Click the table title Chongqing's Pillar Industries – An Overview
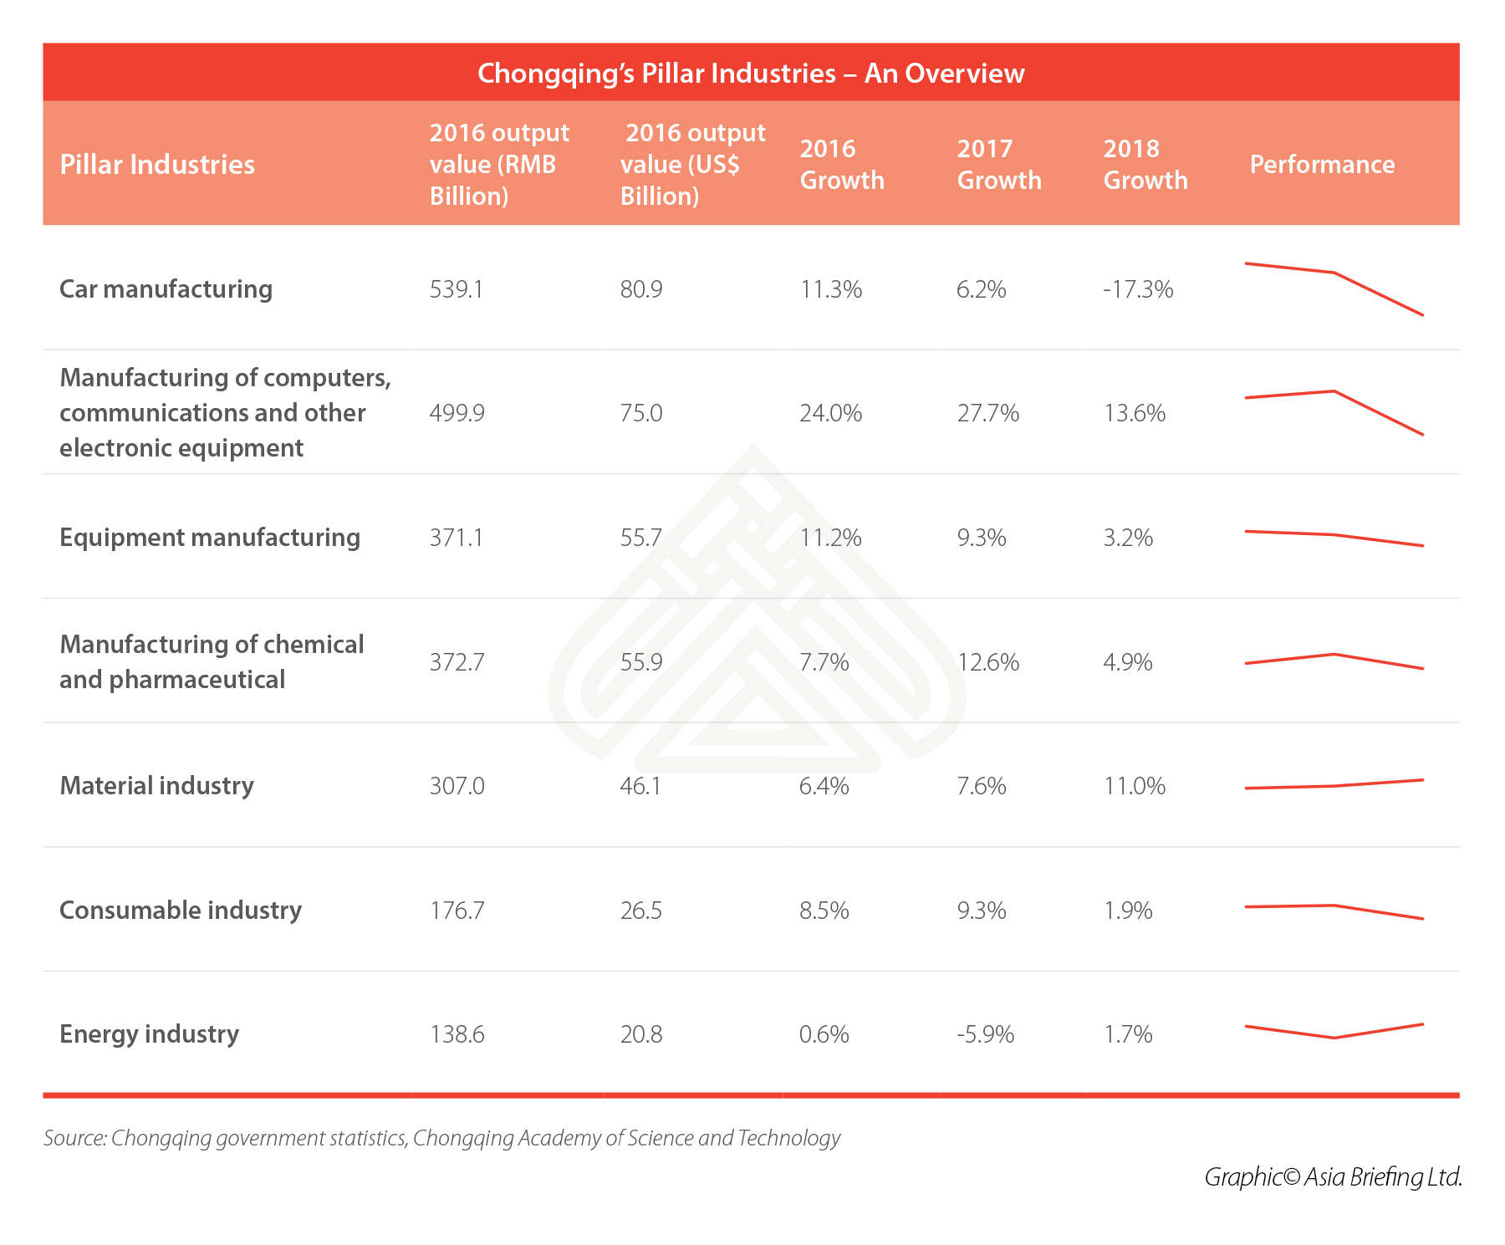[x=751, y=74]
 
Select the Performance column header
[x=1322, y=164]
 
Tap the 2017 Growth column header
[x=999, y=164]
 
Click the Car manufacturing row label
[x=166, y=288]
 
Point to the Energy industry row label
[x=149, y=1034]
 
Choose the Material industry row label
[x=156, y=786]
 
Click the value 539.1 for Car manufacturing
[x=457, y=289]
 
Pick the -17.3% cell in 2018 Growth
[x=1138, y=289]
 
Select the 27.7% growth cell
[x=988, y=413]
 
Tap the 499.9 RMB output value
[x=457, y=413]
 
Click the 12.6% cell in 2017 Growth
[x=988, y=662]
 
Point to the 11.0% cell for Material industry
[x=1135, y=786]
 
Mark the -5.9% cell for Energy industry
[x=986, y=1034]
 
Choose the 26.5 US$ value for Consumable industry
[x=641, y=911]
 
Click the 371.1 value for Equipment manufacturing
[x=457, y=538]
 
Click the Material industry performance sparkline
[x=1334, y=785]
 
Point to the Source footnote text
[x=441, y=1138]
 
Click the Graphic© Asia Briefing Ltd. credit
[x=1333, y=1177]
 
